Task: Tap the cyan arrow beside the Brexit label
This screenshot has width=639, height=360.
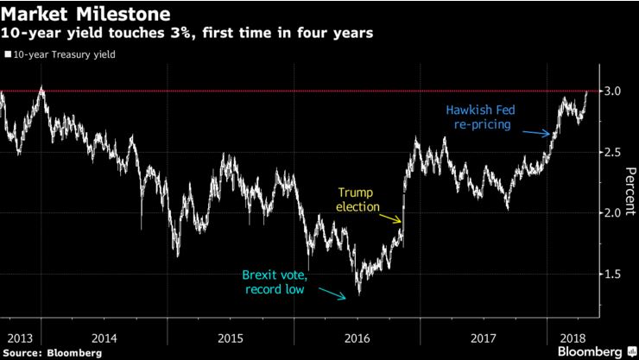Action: point(332,294)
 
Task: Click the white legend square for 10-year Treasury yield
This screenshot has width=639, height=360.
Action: point(7,54)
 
